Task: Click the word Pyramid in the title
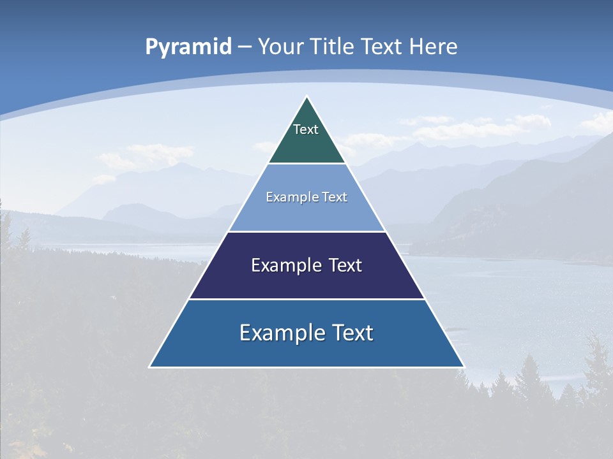coord(188,47)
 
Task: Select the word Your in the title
coord(281,47)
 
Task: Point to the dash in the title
coord(245,47)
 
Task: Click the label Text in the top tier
coord(306,129)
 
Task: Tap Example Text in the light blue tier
coord(306,197)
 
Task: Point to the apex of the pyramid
coord(307,97)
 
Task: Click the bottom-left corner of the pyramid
coord(150,367)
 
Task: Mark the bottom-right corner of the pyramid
coord(464,367)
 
